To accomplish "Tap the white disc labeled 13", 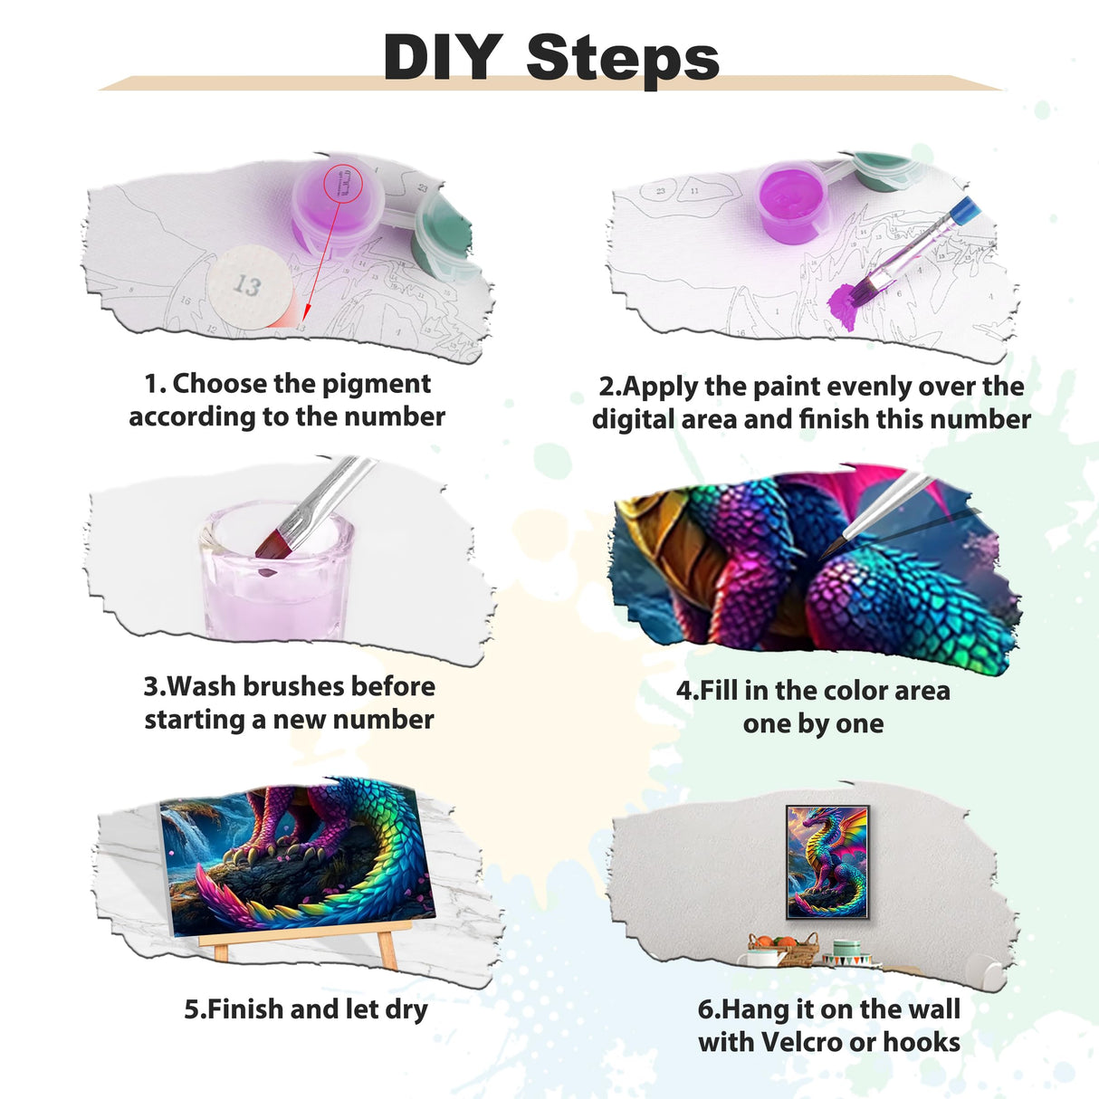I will pos(248,284).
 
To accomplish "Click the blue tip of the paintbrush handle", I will pos(966,211).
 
